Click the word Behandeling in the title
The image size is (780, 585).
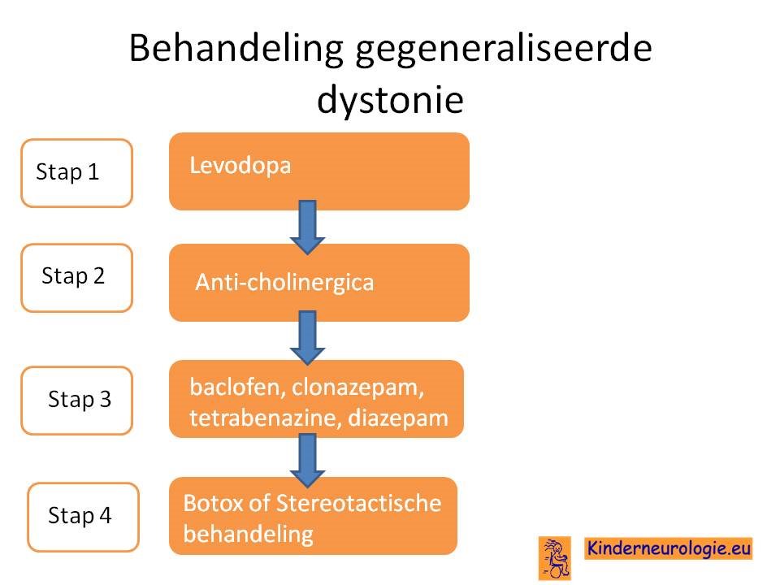coord(236,49)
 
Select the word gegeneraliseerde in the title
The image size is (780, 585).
coord(504,49)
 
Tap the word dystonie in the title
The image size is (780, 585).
coord(391,99)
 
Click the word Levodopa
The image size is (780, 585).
coord(240,165)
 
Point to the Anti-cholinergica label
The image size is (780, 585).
coord(284,282)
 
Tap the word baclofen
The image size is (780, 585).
coord(237,387)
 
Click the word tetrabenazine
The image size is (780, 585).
coord(265,418)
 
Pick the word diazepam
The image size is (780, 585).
coord(398,418)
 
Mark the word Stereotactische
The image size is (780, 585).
coord(358,503)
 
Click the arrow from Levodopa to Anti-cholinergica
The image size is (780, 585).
coord(307,227)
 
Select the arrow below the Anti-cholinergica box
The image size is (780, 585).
coord(307,338)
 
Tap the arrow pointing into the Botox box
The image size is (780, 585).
coord(307,460)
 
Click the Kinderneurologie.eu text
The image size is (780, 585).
coord(668,548)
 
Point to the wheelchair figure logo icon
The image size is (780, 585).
coord(555,558)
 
